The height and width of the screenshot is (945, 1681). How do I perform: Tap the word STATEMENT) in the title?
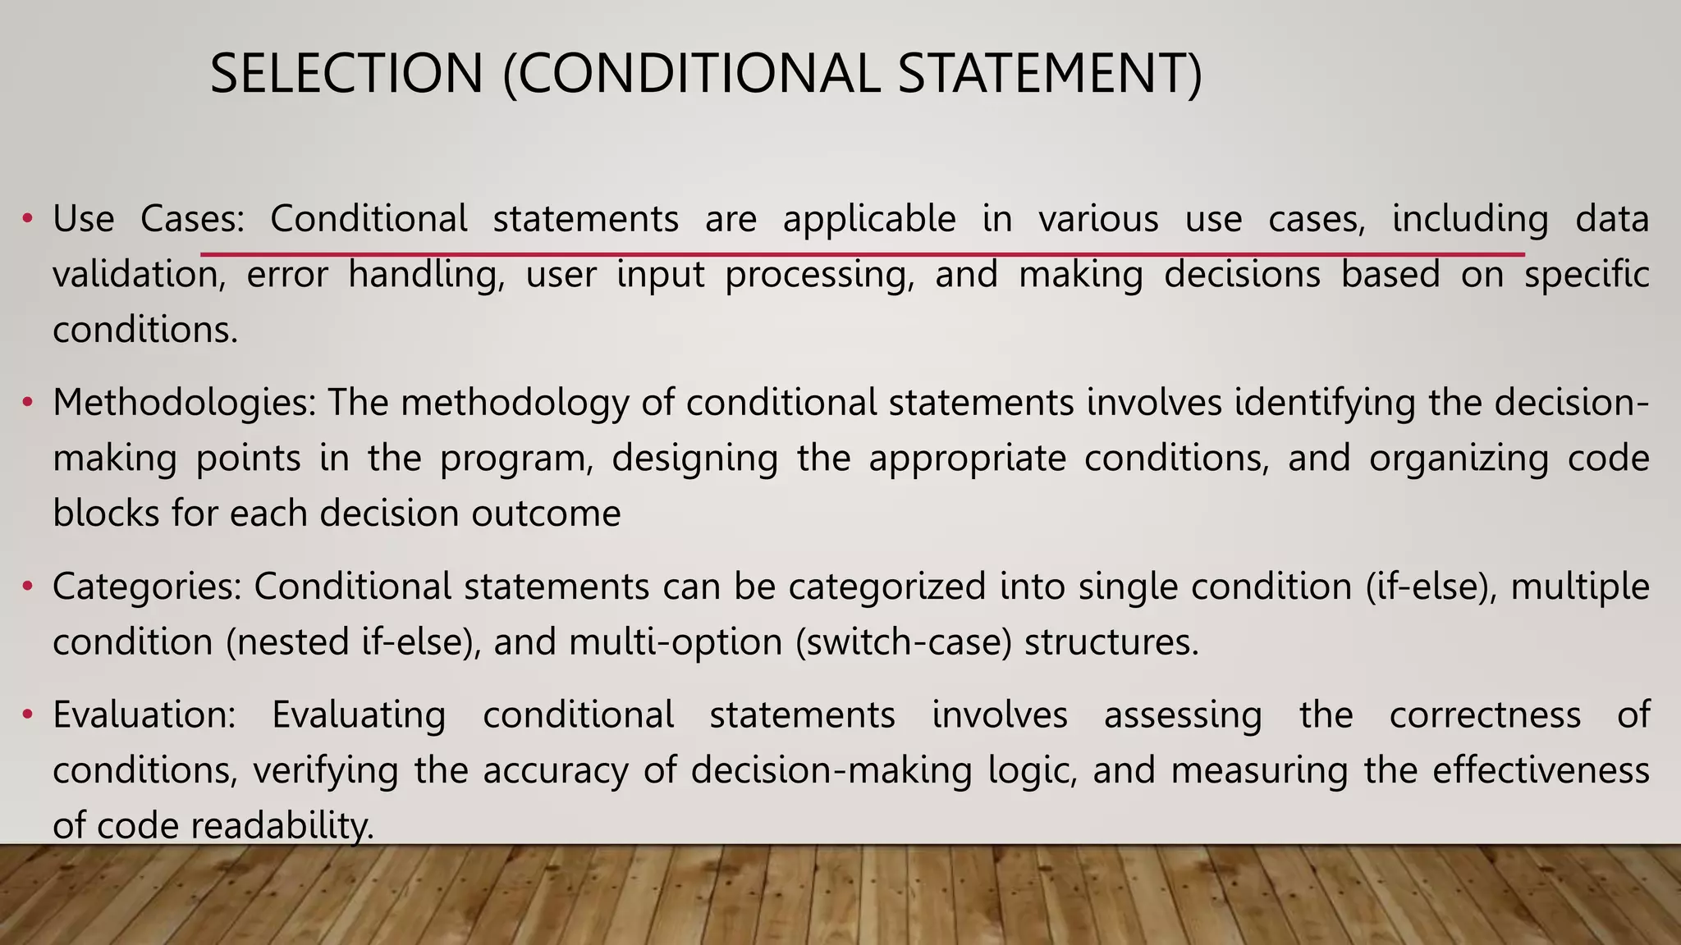1050,74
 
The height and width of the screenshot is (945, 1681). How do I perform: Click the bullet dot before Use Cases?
27,219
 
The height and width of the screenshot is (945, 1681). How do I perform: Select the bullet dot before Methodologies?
27,403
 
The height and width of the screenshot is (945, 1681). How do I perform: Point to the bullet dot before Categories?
27,587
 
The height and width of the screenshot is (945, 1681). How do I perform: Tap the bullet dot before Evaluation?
27,714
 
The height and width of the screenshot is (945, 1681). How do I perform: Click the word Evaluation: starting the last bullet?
144,714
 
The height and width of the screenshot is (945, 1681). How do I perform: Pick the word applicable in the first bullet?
869,220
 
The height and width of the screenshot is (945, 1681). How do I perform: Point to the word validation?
139,275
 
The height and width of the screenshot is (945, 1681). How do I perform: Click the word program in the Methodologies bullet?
516,459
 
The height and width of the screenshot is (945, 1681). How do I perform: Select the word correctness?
1485,714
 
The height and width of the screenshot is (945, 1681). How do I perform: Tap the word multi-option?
676,641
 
